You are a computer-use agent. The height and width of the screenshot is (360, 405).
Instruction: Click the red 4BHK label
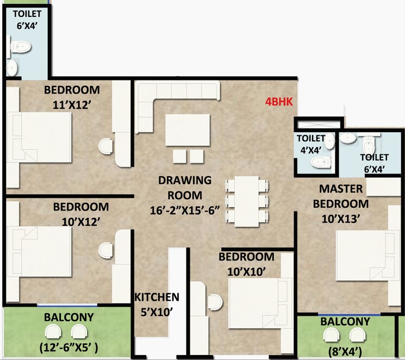coord(279,102)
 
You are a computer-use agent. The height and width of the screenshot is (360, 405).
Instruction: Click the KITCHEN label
coord(157,297)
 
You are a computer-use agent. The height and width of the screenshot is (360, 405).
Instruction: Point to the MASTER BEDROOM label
coord(344,196)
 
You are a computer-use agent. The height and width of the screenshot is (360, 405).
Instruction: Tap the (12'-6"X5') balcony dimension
coord(68,346)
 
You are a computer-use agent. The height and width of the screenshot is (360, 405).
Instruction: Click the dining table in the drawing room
coord(246,200)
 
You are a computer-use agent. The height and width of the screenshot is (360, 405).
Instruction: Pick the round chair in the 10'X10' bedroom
coord(215,301)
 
